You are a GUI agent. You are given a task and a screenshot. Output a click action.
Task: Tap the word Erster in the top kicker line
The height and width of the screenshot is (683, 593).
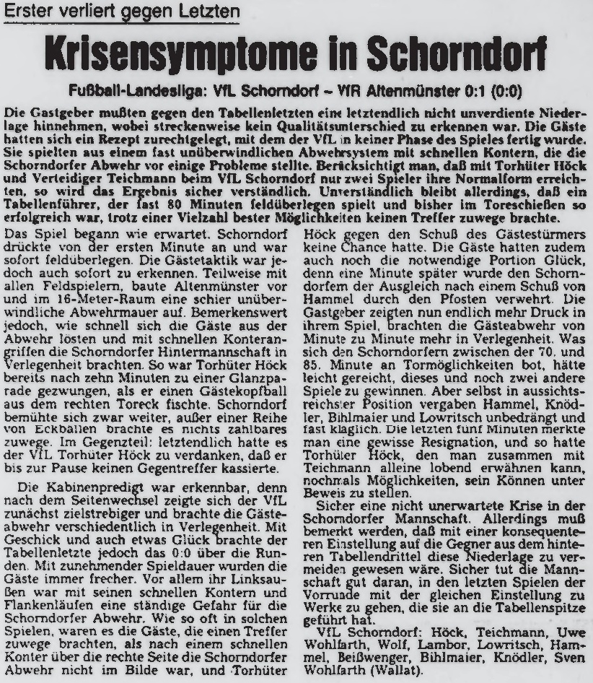tap(28, 12)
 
